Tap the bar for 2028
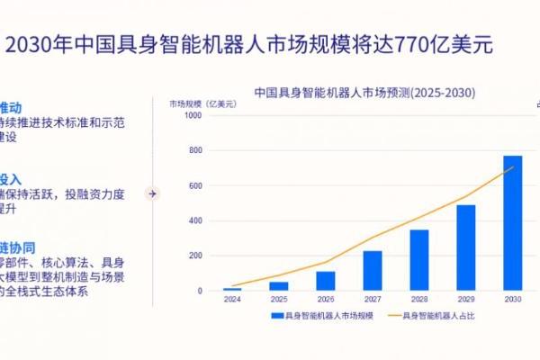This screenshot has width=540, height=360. (x=418, y=260)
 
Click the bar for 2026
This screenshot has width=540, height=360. (x=325, y=281)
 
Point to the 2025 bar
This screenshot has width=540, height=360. (x=278, y=286)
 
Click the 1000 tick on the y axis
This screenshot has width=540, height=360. (x=193, y=114)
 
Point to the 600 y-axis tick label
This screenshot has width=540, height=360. (x=195, y=185)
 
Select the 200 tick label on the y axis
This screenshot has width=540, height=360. (x=195, y=256)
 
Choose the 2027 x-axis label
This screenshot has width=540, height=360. (x=372, y=298)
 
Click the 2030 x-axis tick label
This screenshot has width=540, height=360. (x=512, y=298)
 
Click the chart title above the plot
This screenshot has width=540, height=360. (x=364, y=92)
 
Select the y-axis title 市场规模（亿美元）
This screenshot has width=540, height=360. (x=202, y=103)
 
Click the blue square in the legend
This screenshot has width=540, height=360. (x=276, y=316)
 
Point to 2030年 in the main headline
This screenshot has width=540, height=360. (x=38, y=45)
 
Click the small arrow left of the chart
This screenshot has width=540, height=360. (x=152, y=193)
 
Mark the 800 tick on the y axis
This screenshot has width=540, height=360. (x=195, y=150)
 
